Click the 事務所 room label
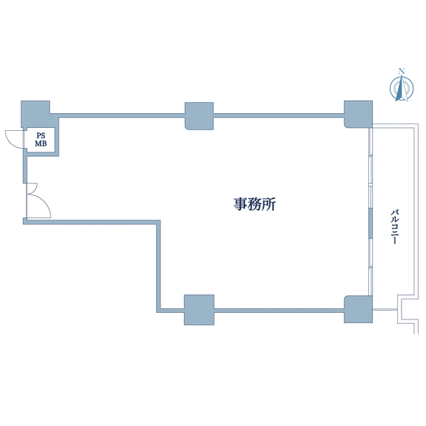254,204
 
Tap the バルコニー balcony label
394,226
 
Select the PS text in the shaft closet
41,135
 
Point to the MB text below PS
41,143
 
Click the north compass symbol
402,88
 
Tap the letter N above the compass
401,72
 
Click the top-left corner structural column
35,114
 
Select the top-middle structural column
199,116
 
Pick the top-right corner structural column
358,114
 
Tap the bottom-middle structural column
199,310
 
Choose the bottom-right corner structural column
358,309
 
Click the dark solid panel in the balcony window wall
370,224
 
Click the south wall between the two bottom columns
279,311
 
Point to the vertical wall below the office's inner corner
158,266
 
